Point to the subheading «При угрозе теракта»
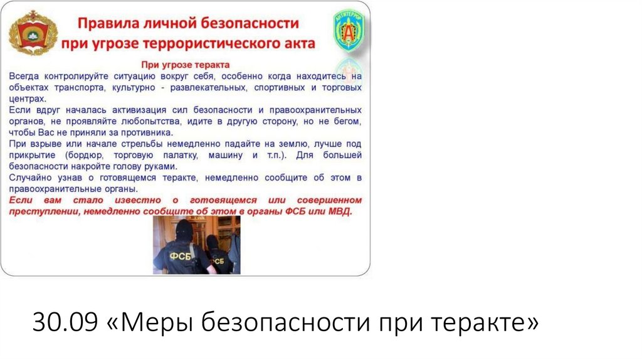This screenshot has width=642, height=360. click(186, 65)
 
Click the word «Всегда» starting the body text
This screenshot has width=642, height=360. click(24, 76)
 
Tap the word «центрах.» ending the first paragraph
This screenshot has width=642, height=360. click(28, 98)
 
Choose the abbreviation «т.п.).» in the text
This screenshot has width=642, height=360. click(273, 155)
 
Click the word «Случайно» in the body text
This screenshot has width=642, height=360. click(29, 178)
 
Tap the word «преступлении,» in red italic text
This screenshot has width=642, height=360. click(43, 212)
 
